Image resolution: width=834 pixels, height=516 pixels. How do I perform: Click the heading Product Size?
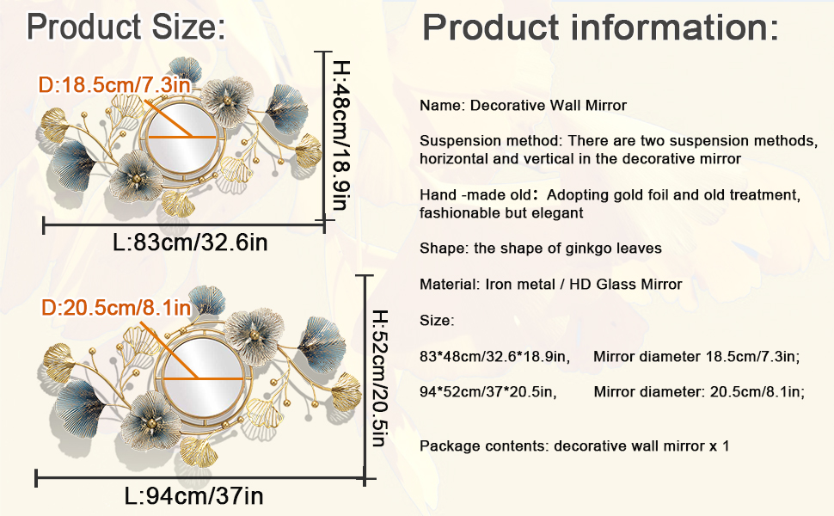pos(126,28)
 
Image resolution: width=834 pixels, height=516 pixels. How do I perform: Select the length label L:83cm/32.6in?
pos(190,243)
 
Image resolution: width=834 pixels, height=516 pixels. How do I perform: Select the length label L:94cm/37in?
pos(194,495)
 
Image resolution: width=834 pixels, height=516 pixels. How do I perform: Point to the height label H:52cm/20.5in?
pos(379,378)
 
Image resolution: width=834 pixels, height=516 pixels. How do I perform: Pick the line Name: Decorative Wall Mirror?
pos(523,106)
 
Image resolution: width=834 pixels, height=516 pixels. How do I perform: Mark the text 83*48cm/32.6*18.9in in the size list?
pos(494,356)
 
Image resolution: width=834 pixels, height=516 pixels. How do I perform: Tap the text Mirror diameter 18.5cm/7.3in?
pos(696,356)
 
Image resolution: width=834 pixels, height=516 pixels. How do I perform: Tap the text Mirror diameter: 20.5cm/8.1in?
pos(699,392)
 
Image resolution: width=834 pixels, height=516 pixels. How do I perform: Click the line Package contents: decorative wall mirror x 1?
pos(574,446)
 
